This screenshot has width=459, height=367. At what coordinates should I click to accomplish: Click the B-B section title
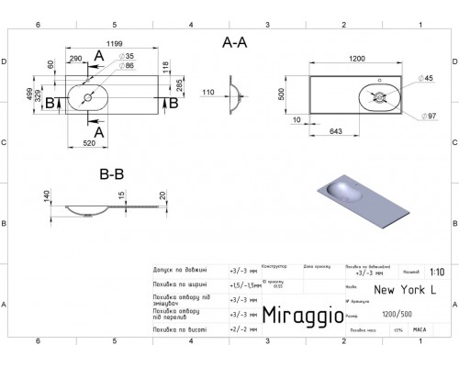pos(112,172)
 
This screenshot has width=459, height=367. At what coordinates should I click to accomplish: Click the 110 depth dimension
pos(207,93)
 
